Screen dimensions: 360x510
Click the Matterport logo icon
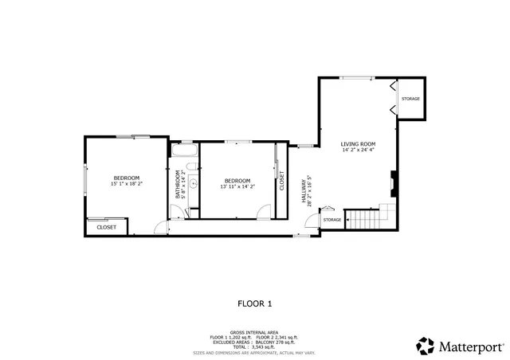426,346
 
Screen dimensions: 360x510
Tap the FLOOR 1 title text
255,303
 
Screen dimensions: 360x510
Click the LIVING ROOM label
359,143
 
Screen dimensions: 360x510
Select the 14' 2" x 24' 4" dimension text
359,150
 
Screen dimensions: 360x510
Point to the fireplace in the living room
393,183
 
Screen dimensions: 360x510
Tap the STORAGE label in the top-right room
410,99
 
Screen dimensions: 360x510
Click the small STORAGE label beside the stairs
332,220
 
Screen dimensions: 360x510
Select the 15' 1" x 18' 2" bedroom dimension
126,184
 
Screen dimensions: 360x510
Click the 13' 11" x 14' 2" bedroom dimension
237,186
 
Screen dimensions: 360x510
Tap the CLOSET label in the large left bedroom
106,227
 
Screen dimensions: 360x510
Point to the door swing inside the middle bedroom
263,211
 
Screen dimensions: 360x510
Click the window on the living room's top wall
360,78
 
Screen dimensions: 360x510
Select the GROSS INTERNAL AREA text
255,332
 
